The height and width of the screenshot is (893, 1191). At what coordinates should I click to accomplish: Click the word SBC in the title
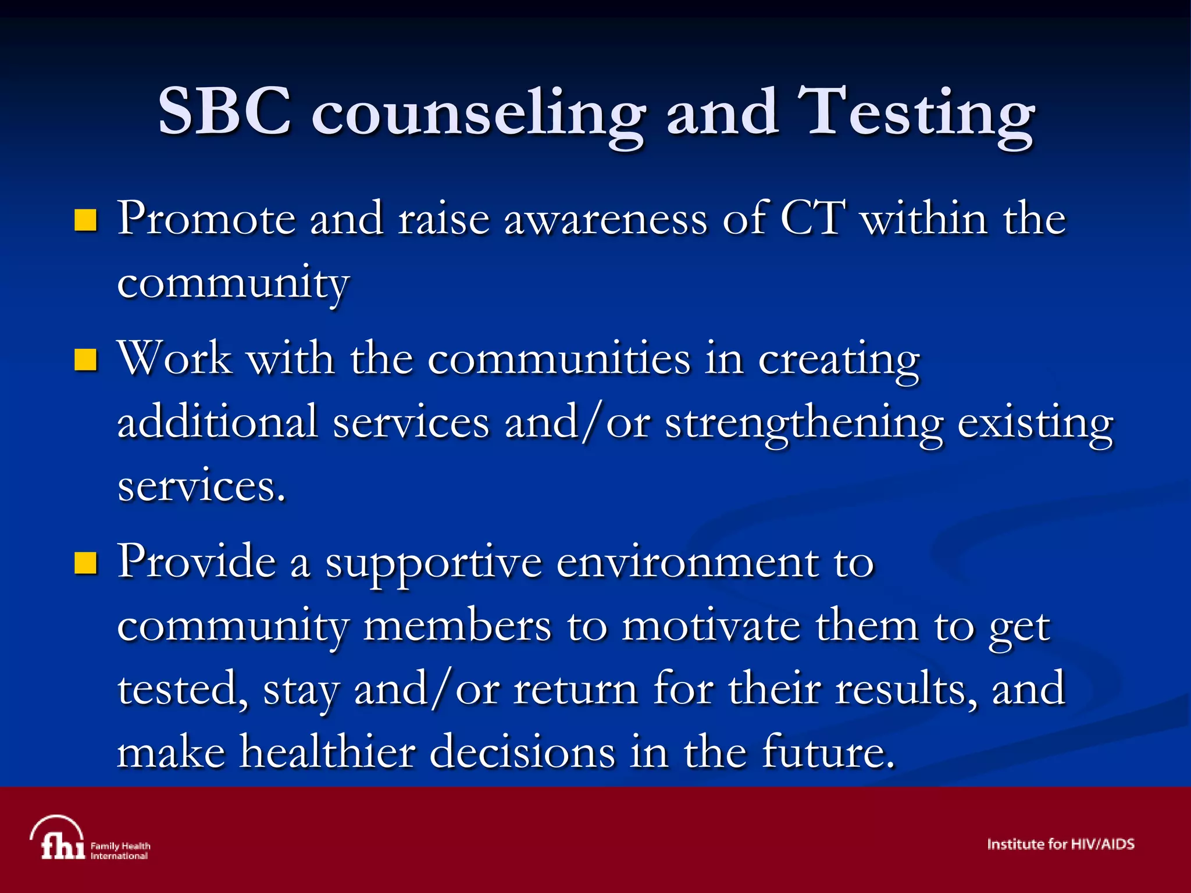[224, 111]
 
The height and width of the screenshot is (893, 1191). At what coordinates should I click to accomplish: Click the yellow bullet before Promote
[85, 220]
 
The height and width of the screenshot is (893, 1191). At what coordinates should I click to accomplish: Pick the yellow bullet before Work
[85, 360]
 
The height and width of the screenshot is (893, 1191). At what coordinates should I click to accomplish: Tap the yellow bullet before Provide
[85, 563]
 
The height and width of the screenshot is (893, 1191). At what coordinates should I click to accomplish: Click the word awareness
[605, 220]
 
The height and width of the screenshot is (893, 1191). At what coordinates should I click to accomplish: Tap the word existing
[1035, 424]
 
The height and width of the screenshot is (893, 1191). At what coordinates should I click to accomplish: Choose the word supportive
[433, 564]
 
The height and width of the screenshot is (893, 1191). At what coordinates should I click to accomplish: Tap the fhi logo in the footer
[58, 838]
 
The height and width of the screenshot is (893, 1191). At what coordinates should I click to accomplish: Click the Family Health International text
[120, 851]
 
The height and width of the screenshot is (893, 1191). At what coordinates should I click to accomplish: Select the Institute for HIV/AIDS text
[1060, 844]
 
